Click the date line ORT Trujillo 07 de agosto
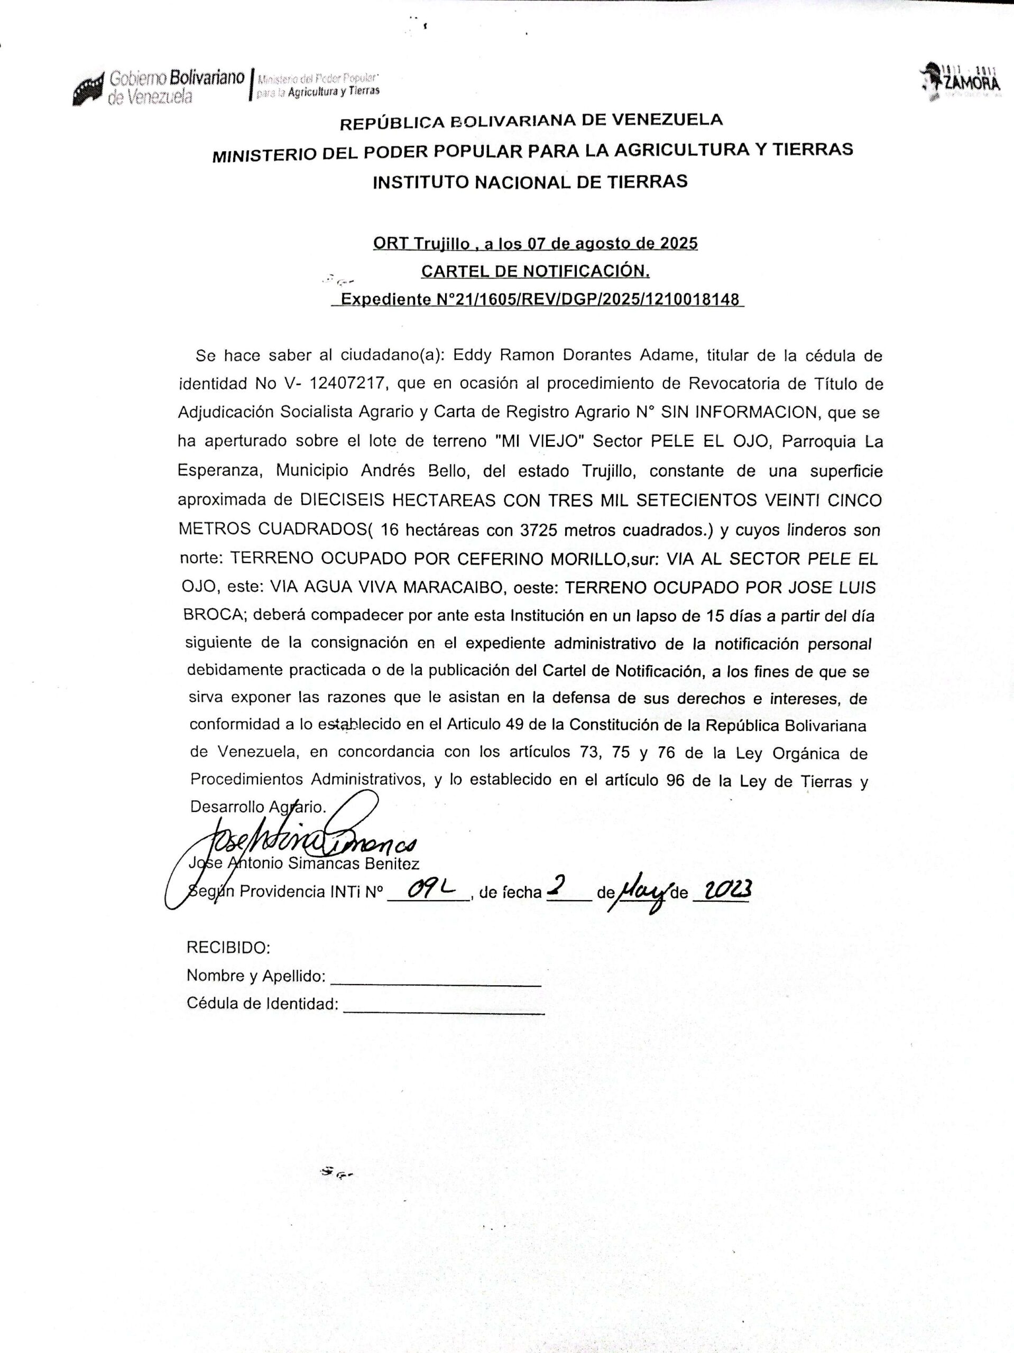point(536,244)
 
